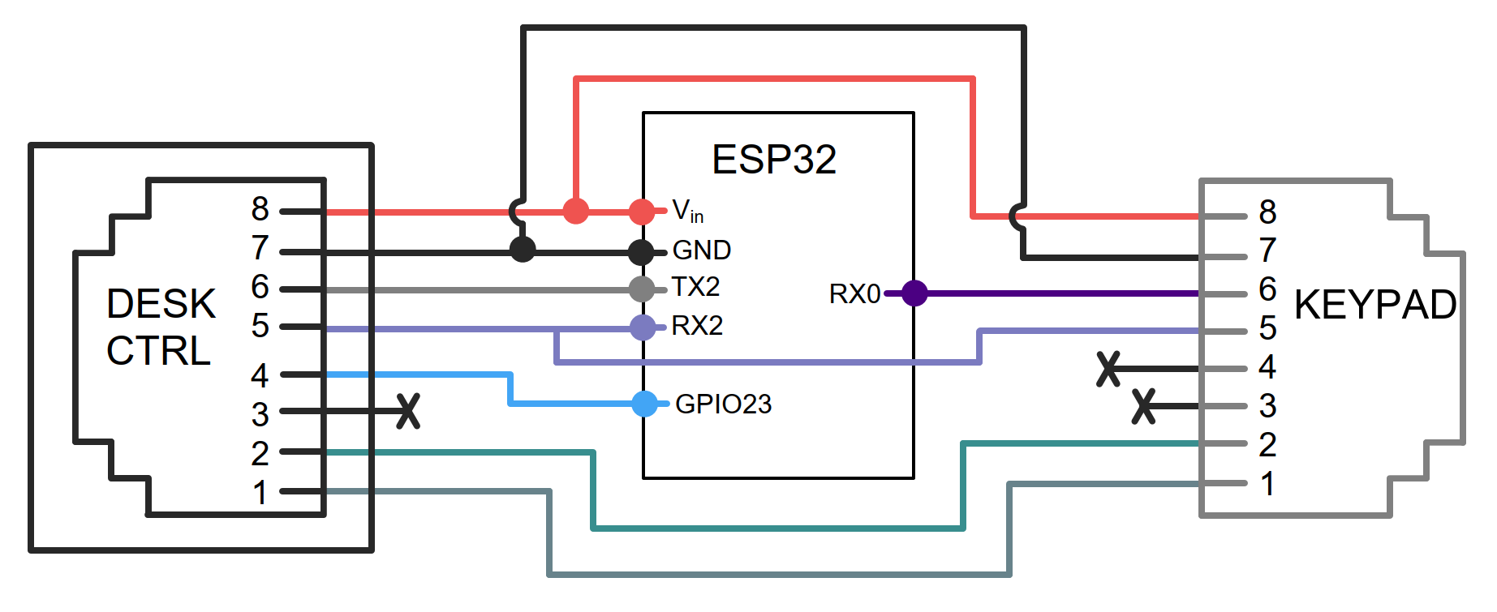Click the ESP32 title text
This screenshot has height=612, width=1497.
(x=774, y=159)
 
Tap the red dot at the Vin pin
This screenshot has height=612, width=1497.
(x=642, y=212)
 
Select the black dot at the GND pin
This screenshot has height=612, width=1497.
(x=642, y=252)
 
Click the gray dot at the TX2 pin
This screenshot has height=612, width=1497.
(x=642, y=289)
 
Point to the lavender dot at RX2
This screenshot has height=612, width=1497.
(x=643, y=327)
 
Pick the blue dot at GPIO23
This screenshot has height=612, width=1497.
(x=645, y=403)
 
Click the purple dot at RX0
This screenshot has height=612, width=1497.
(x=914, y=293)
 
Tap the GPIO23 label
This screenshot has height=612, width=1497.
(x=723, y=404)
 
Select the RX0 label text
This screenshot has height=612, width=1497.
(x=854, y=293)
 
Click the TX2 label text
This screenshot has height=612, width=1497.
(x=695, y=287)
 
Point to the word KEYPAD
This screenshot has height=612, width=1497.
(x=1375, y=305)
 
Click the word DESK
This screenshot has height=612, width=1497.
(x=161, y=304)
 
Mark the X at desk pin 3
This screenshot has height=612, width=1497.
(x=408, y=411)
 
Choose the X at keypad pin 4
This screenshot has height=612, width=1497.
(x=1108, y=369)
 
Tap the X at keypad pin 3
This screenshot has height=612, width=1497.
(x=1143, y=406)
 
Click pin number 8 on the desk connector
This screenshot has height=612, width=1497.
(x=260, y=209)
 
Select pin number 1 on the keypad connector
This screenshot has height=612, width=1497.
(x=1267, y=484)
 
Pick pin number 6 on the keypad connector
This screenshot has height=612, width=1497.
(x=1267, y=289)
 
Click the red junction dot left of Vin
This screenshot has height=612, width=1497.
(x=575, y=211)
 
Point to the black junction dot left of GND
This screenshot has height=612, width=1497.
(x=523, y=249)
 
